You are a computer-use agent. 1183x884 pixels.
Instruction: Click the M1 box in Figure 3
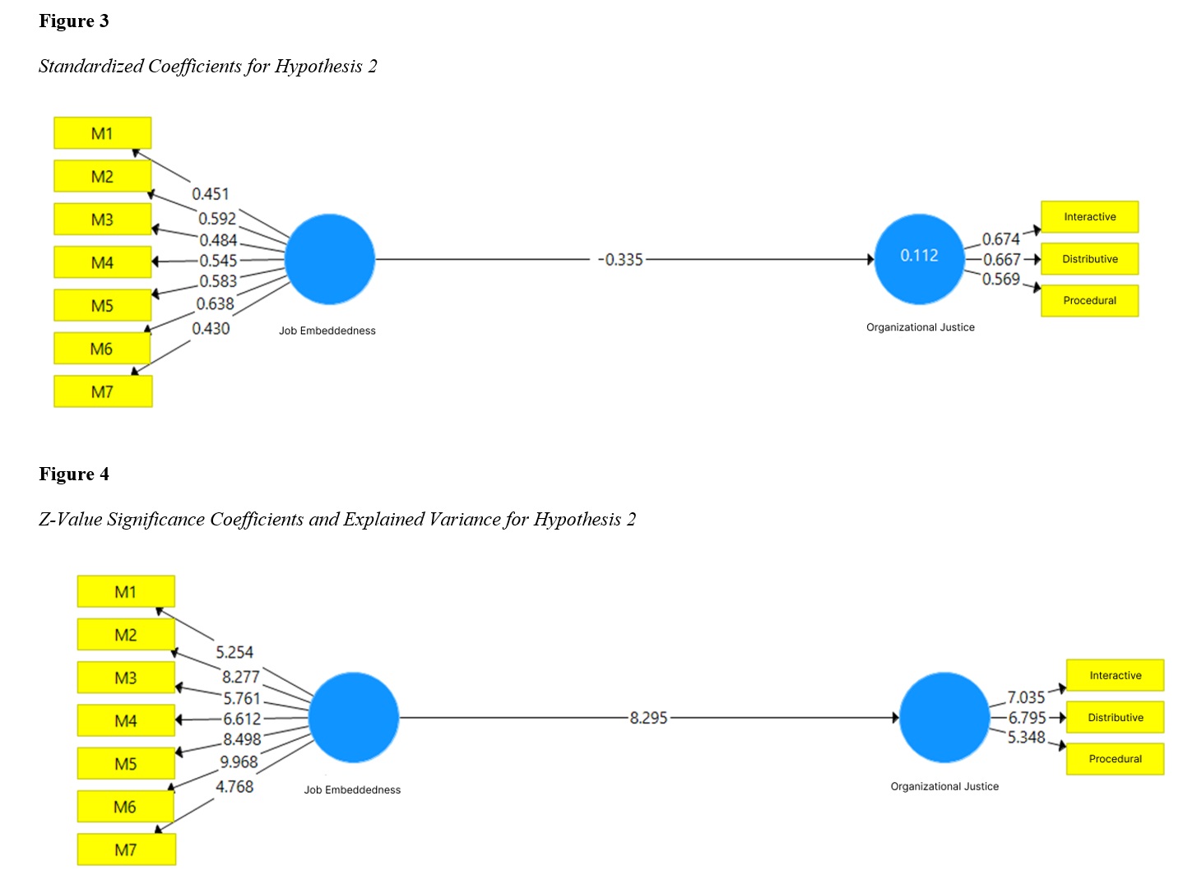pyautogui.click(x=102, y=133)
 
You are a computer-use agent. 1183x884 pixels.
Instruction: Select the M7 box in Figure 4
pyautogui.click(x=126, y=849)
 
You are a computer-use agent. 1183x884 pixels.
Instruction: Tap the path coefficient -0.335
pyautogui.click(x=621, y=260)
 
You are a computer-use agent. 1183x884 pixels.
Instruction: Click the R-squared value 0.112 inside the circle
pyautogui.click(x=919, y=256)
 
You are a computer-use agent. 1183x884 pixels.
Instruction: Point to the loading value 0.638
pyautogui.click(x=215, y=304)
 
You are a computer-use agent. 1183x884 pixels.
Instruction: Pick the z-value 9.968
pyautogui.click(x=239, y=762)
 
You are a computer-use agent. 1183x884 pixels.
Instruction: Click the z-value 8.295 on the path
pyautogui.click(x=648, y=718)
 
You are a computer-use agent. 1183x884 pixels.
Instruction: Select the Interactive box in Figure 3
pyautogui.click(x=1089, y=217)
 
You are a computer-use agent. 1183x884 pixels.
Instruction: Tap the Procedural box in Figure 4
pyautogui.click(x=1115, y=759)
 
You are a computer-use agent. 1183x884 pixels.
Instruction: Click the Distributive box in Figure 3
pyautogui.click(x=1089, y=259)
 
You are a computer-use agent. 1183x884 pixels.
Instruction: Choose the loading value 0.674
pyautogui.click(x=1000, y=239)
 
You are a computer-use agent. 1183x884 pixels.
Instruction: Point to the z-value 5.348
pyautogui.click(x=1026, y=738)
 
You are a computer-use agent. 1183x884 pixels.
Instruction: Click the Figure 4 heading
pyautogui.click(x=74, y=474)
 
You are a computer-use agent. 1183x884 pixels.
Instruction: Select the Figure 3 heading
pyautogui.click(x=74, y=21)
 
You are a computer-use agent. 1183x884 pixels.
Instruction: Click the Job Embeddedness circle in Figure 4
pyautogui.click(x=353, y=717)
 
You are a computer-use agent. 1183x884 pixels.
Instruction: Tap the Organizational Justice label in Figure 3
pyautogui.click(x=920, y=327)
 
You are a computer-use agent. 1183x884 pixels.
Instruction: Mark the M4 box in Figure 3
pyautogui.click(x=102, y=263)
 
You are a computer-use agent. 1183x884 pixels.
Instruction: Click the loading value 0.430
pyautogui.click(x=211, y=329)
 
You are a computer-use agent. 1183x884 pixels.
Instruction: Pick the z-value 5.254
pyautogui.click(x=234, y=653)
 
